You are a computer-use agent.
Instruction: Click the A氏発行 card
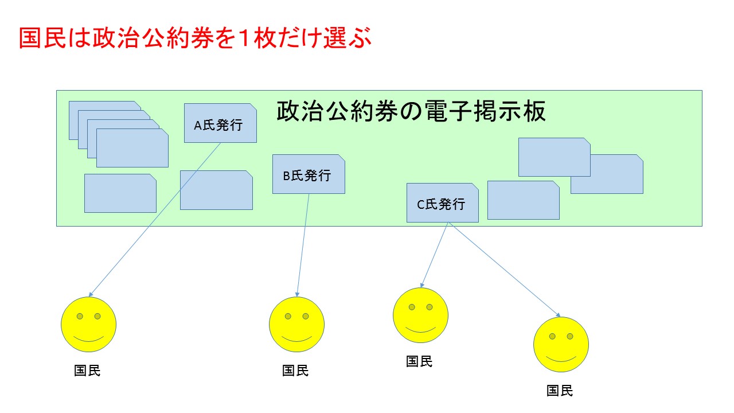click(x=220, y=123)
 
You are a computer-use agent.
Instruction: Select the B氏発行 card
click(x=309, y=174)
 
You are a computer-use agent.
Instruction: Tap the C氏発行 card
click(x=442, y=202)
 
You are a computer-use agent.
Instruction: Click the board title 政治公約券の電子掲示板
click(x=411, y=111)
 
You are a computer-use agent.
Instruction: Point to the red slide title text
click(x=196, y=38)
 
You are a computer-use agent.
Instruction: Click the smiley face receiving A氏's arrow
click(x=88, y=324)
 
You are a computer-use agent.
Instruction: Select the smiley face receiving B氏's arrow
click(x=296, y=324)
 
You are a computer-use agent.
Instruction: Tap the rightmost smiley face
click(x=561, y=344)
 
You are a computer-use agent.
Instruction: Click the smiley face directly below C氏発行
click(x=420, y=315)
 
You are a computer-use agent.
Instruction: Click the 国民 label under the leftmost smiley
click(x=87, y=371)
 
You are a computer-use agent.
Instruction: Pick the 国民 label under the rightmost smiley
click(x=560, y=391)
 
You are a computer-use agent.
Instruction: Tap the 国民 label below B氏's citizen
click(x=295, y=371)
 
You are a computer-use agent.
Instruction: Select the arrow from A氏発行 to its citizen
click(x=155, y=220)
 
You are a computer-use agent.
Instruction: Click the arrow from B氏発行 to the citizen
click(x=303, y=245)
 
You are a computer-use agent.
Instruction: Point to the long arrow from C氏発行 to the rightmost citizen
click(x=504, y=270)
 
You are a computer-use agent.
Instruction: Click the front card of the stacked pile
click(x=132, y=148)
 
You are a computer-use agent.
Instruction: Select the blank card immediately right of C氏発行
click(x=524, y=200)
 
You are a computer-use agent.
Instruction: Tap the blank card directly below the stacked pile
click(x=120, y=193)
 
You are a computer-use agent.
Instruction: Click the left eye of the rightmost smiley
click(x=552, y=336)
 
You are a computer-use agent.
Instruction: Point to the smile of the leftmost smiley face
click(x=88, y=340)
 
